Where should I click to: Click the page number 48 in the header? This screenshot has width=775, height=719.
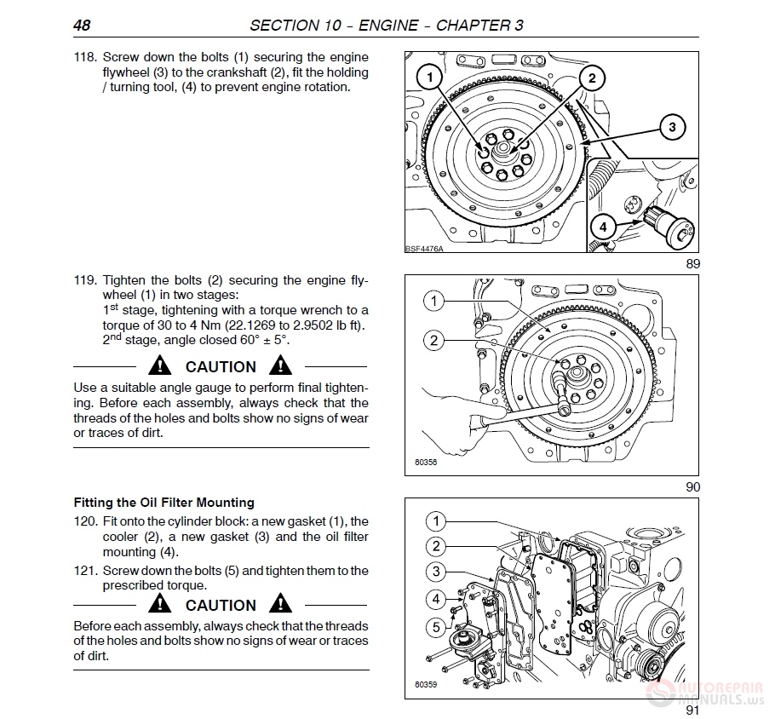coord(82,25)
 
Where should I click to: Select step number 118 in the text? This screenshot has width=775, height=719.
coord(85,57)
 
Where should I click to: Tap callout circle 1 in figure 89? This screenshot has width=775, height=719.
coord(431,78)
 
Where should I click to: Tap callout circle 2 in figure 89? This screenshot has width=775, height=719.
coord(591,78)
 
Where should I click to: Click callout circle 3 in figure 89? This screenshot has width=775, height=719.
coord(672,128)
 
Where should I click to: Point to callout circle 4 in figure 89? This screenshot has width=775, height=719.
coord(603,227)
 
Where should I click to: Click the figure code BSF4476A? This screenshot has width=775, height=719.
coord(424,249)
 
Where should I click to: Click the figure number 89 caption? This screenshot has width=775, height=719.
coord(692,264)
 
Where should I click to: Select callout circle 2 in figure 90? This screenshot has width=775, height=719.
coord(434,341)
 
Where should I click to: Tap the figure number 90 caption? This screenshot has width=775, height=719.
coord(692,487)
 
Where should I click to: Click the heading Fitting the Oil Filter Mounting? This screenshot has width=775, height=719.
coord(164,503)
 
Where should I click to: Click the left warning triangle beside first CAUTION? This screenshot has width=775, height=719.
coord(159,366)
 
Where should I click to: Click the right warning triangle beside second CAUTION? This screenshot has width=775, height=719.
coord(280,605)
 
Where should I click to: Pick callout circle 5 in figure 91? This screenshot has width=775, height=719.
coord(436,628)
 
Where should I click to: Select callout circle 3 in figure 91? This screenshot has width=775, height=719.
coord(436,572)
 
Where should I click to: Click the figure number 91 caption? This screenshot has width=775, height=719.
coord(692,710)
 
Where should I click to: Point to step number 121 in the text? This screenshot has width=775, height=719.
coord(85,571)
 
